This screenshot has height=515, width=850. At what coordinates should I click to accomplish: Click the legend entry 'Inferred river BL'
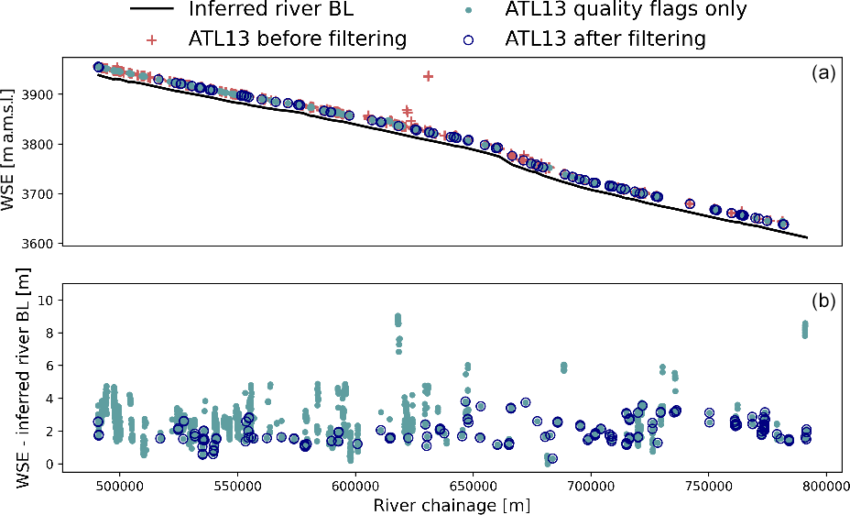[x=270, y=10]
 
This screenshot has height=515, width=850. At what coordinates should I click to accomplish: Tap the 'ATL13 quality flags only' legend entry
[x=626, y=10]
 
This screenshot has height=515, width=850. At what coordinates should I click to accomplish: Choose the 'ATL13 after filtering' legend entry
[x=605, y=39]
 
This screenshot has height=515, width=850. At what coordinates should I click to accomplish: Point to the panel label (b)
[x=822, y=301]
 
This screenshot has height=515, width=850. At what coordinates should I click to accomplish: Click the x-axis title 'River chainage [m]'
[x=452, y=505]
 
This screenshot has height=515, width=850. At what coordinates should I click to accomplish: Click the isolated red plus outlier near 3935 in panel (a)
[x=428, y=76]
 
